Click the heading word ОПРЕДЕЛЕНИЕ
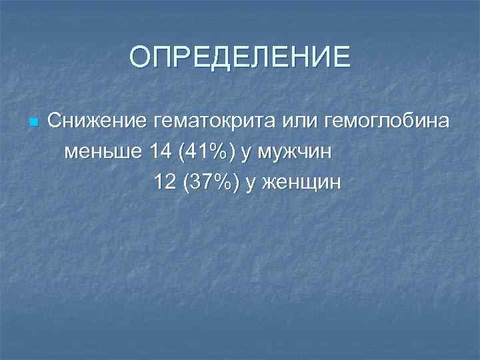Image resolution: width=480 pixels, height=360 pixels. (239, 57)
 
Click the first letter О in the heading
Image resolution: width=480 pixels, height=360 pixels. (139, 57)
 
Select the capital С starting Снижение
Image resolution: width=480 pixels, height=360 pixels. (54, 122)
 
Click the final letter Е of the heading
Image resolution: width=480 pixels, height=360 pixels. (341, 57)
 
